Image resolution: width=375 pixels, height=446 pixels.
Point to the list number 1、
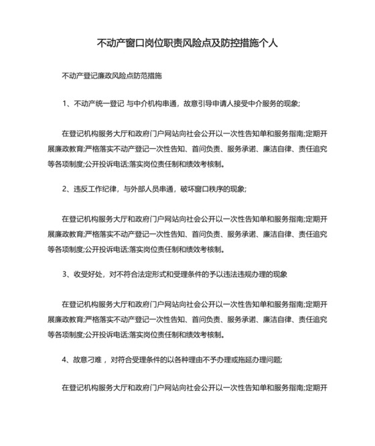[66, 104]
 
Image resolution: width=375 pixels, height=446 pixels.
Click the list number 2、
[66, 189]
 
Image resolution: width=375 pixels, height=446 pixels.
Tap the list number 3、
[66, 274]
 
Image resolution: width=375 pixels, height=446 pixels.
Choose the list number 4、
[66, 359]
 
